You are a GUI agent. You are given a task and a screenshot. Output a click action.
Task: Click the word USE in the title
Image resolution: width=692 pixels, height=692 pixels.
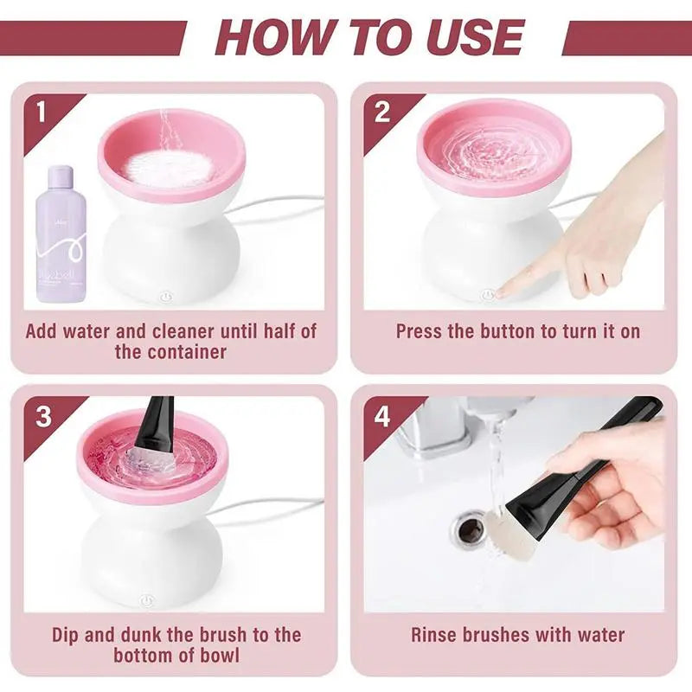pos(475,37)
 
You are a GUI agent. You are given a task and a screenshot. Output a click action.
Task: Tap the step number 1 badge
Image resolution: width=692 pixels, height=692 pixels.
pos(40,112)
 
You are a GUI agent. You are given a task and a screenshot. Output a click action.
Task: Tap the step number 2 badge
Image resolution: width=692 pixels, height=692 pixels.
pos(381,112)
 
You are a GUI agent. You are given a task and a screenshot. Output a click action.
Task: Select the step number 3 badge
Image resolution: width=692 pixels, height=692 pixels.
pos(43,416)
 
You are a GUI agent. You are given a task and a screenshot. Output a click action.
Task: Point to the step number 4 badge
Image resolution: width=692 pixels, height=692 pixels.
pos(382,416)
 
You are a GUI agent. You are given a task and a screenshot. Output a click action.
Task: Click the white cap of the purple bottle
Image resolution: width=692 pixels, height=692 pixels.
pos(61,176)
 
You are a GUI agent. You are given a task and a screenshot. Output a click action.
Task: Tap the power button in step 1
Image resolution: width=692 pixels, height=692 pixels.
pos(166,296)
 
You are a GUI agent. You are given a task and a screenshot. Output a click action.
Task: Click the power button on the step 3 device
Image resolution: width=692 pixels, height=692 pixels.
pos(146,599)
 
